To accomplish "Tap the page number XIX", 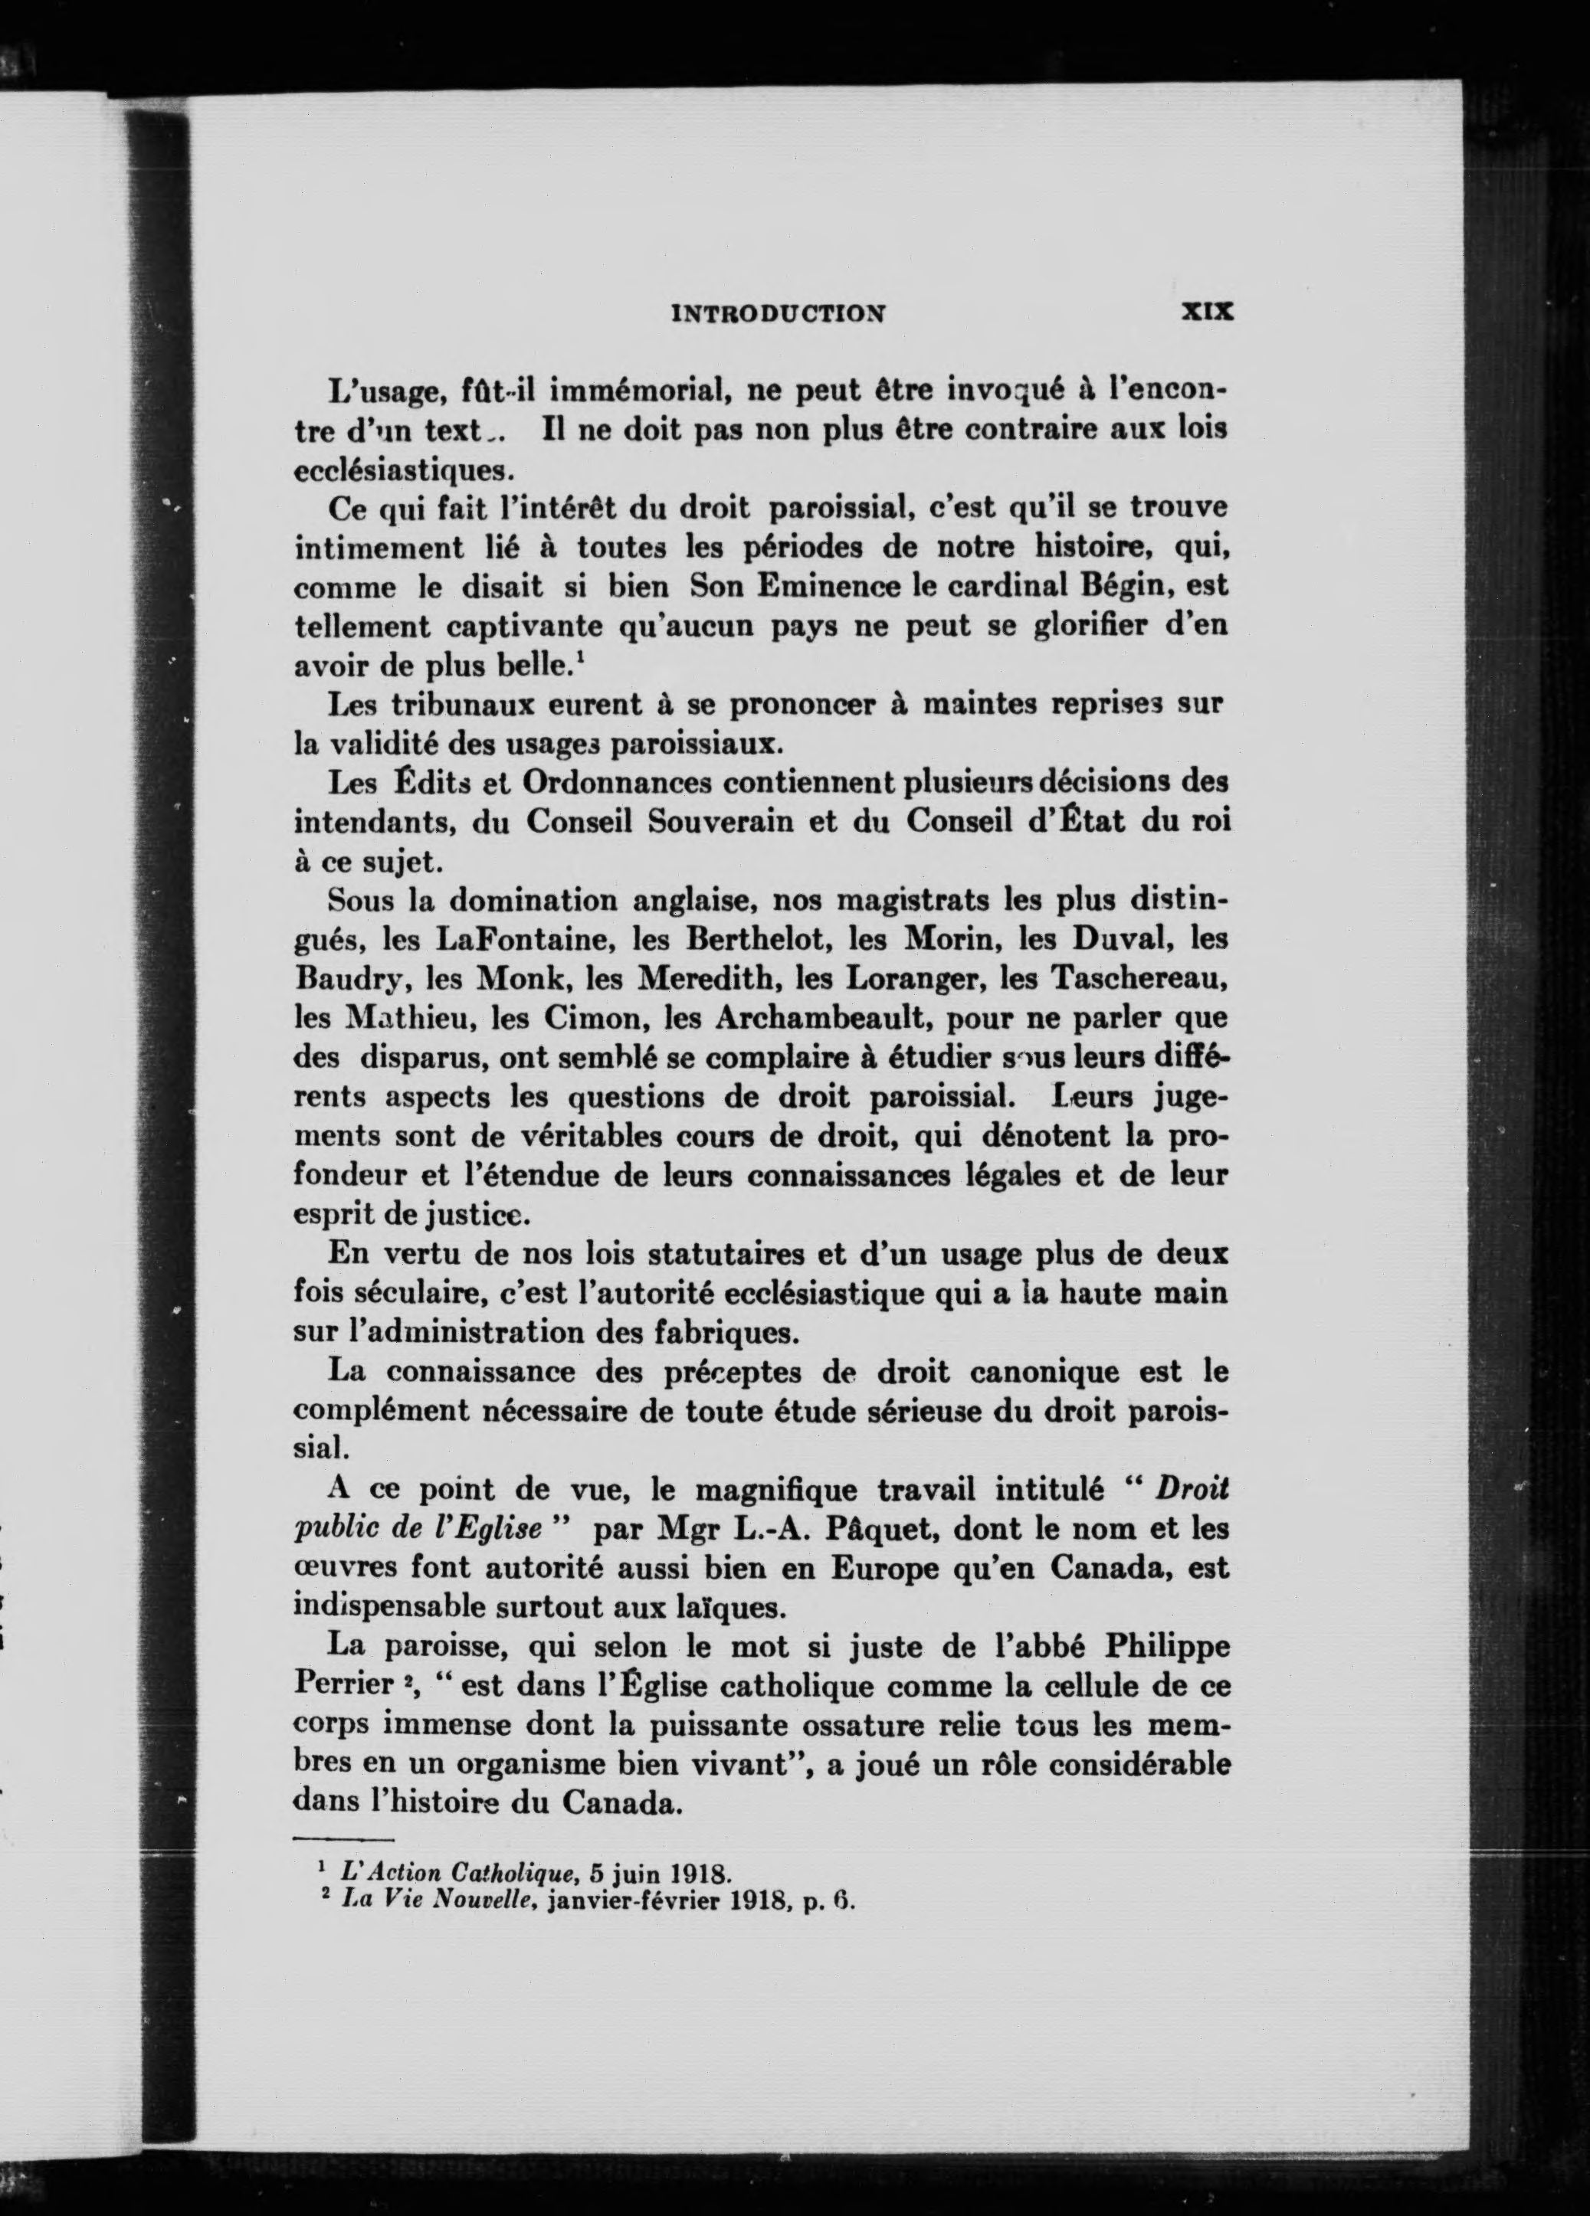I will (x=1208, y=312).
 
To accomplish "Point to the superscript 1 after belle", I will (x=581, y=656).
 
